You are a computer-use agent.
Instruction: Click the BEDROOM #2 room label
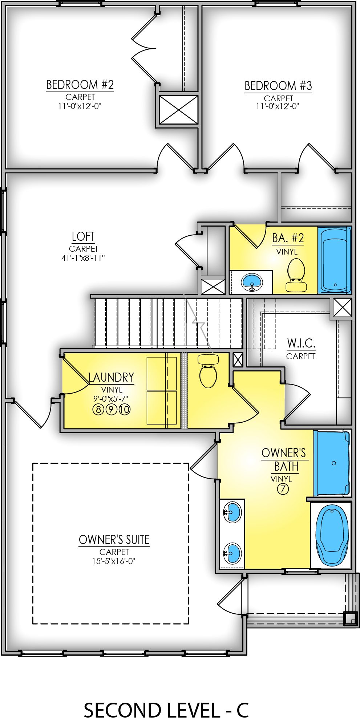point(80,85)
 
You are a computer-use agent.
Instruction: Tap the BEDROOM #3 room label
point(278,86)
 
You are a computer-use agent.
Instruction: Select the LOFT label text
point(83,237)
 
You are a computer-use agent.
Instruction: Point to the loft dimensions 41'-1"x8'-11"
point(83,258)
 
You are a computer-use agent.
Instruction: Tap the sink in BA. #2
point(252,282)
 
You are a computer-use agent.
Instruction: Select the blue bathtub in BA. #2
point(334,260)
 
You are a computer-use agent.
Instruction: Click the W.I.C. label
point(301,343)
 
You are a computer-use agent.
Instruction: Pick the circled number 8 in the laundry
point(98,410)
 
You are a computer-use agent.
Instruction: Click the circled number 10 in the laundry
point(124,410)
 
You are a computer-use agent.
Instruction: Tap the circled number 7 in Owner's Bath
point(283,489)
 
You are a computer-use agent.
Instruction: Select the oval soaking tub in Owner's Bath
point(332,535)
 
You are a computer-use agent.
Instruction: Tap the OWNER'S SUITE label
point(114,540)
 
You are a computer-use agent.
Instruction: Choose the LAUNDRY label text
point(111,378)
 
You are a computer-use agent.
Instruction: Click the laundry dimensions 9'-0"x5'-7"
point(111,399)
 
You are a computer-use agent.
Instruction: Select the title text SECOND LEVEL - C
point(166,710)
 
